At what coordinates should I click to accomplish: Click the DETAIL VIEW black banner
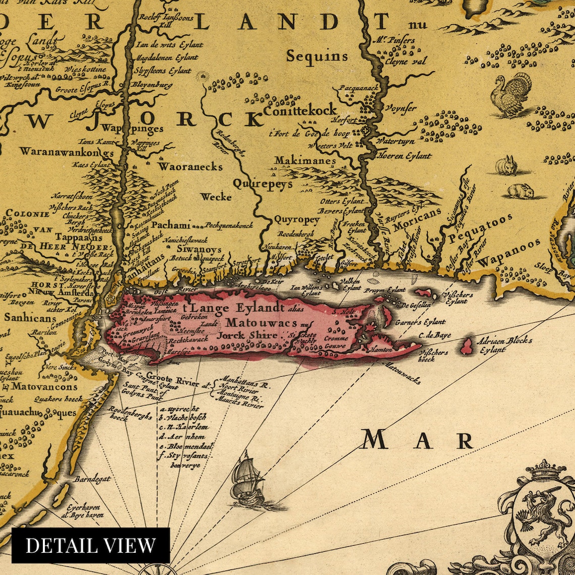click(x=91, y=545)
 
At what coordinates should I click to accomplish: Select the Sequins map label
click(x=317, y=56)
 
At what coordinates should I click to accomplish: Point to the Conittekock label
click(x=300, y=110)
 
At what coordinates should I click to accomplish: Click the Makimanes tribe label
click(x=305, y=161)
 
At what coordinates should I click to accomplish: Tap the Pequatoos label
click(x=480, y=228)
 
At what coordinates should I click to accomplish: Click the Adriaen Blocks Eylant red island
click(x=468, y=346)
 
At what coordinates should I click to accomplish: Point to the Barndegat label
click(x=91, y=479)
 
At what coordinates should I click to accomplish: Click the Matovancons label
click(x=44, y=387)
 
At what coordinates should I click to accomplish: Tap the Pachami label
click(x=171, y=225)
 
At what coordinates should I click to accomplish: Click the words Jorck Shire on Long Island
click(x=247, y=335)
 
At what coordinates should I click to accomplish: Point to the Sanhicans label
click(x=24, y=318)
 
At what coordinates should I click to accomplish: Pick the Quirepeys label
click(x=262, y=184)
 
